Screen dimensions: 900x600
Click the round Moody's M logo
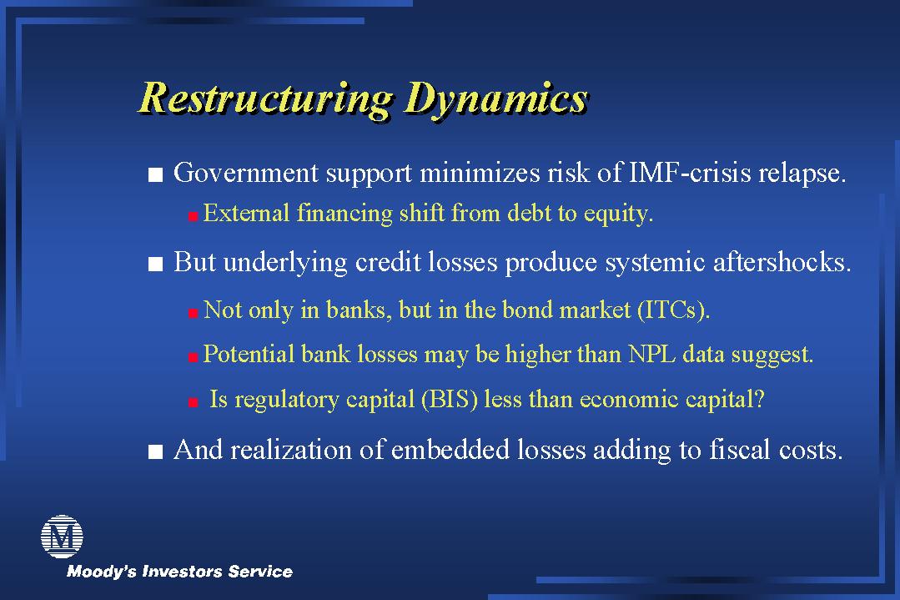pyautogui.click(x=62, y=537)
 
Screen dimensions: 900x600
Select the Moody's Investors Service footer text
pyautogui.click(x=179, y=572)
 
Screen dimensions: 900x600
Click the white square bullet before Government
pyautogui.click(x=155, y=174)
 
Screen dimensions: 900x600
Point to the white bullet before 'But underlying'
pyautogui.click(x=155, y=264)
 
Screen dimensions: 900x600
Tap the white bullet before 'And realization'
pyautogui.click(x=155, y=451)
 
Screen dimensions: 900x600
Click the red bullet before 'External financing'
pyautogui.click(x=194, y=216)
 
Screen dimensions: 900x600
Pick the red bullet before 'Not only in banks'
pyautogui.click(x=194, y=313)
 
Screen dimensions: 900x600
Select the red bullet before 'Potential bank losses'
pyautogui.click(x=194, y=357)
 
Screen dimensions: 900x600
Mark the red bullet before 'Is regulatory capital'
pyautogui.click(x=194, y=402)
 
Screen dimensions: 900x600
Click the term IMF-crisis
pyautogui.click(x=690, y=172)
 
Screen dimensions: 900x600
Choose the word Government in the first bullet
pyautogui.click(x=246, y=172)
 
